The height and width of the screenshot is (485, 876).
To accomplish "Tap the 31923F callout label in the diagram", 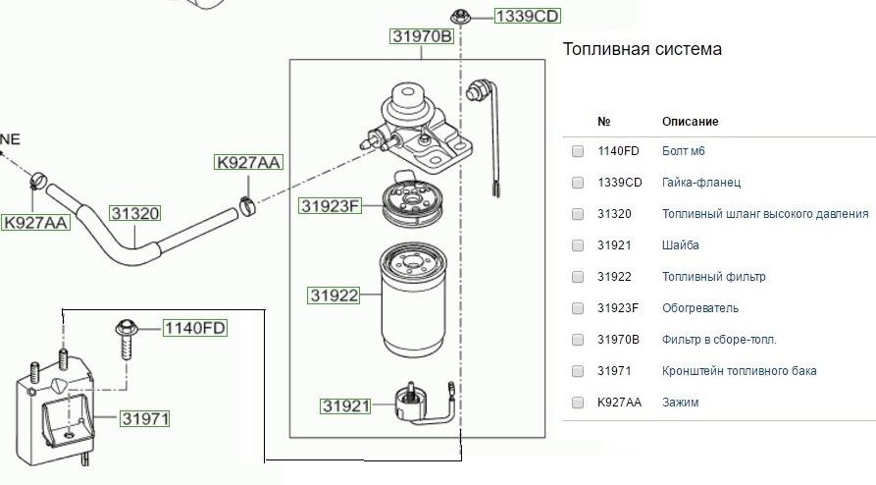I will click(331, 206).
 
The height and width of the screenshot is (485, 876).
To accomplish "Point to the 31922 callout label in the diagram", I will click(334, 295).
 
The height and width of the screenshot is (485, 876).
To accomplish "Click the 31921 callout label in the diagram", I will click(344, 405).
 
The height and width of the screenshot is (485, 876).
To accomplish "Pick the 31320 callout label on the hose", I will click(134, 212).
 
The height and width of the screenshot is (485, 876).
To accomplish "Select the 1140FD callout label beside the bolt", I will click(194, 328).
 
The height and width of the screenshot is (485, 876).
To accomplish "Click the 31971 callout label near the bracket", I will click(146, 419).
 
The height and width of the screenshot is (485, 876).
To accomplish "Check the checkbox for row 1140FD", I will click(578, 151).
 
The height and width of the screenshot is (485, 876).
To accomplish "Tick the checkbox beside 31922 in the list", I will click(578, 277).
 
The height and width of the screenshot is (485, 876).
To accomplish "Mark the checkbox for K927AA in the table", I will click(578, 403).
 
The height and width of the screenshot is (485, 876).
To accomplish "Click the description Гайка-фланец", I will click(701, 183).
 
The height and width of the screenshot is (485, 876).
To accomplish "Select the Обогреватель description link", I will click(700, 308).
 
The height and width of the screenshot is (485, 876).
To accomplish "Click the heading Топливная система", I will click(643, 49).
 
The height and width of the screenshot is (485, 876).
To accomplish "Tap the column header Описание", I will click(691, 122).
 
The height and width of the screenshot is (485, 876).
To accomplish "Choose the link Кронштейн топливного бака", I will click(740, 371).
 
